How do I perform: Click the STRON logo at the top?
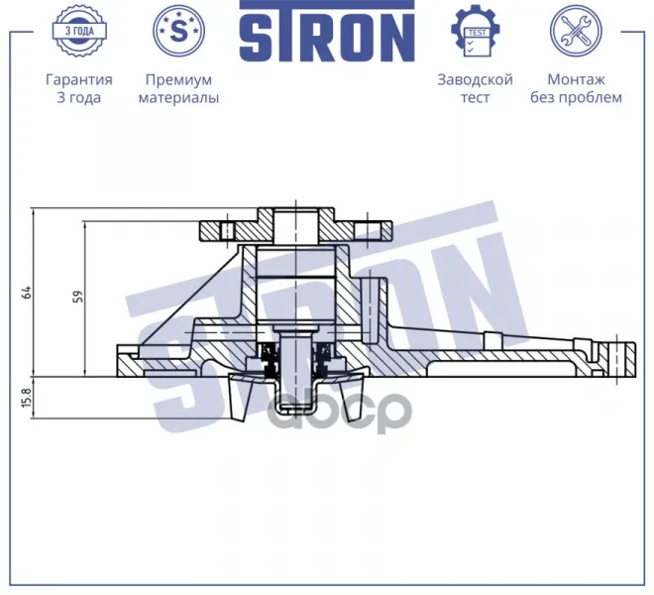coord(327,32)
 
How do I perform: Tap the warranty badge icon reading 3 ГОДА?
coord(79,31)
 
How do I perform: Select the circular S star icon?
coord(179,31)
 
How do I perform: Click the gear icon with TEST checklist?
coord(475,31)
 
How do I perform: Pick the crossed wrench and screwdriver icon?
coord(576,31)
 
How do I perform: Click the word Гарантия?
coord(79,79)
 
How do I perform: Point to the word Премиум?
coord(179,79)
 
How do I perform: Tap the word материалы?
coord(178,98)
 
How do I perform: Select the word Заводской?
coord(475,79)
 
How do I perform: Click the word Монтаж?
coord(576,79)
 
